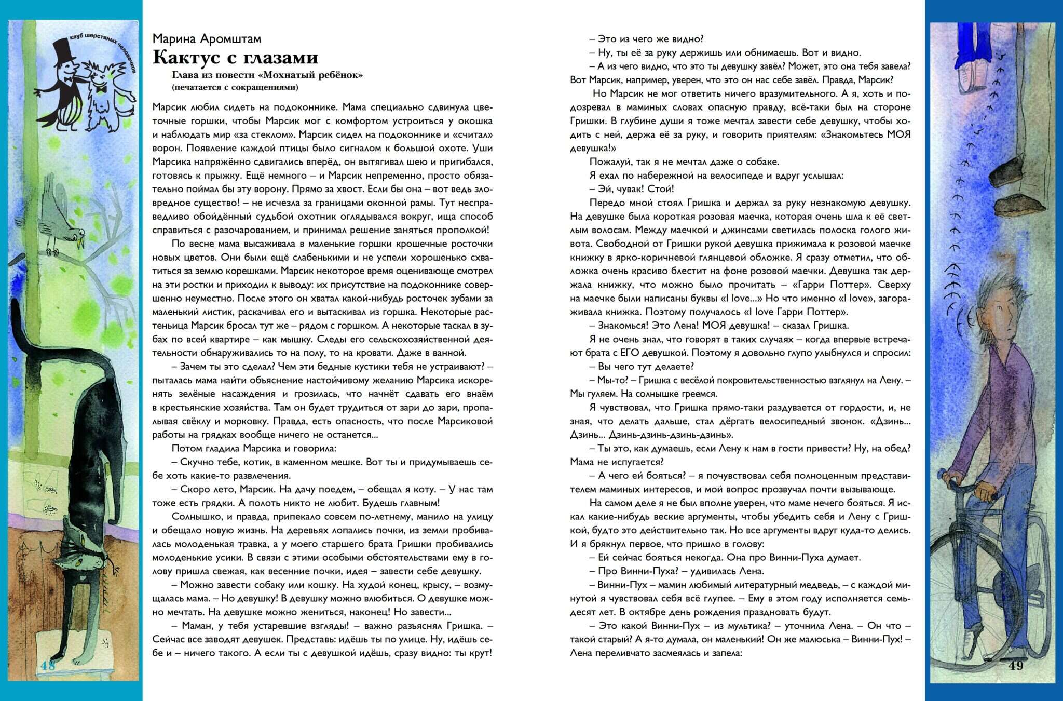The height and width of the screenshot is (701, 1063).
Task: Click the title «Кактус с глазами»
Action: [x=235, y=57]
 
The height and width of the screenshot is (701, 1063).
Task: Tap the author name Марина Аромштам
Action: [x=207, y=39]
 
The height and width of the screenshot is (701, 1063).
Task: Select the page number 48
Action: [x=48, y=666]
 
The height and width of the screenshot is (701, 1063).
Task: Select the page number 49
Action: [x=1015, y=666]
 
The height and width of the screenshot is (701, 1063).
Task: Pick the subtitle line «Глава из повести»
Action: [x=267, y=75]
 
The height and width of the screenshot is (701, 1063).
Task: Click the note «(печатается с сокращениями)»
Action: [x=235, y=87]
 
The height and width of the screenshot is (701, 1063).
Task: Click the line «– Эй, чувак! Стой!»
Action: [x=631, y=189]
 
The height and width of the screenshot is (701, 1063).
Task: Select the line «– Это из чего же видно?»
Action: [x=646, y=39]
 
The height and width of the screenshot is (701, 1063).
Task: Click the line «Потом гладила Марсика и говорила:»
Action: [x=254, y=448]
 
